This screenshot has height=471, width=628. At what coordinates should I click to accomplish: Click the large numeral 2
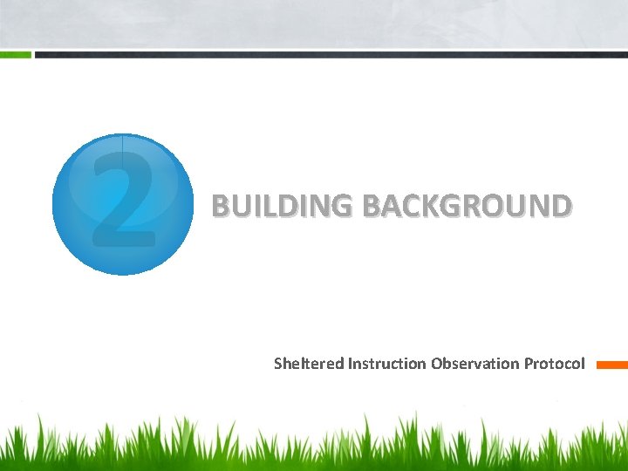click(x=123, y=199)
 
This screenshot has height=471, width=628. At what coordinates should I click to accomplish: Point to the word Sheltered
click(x=309, y=363)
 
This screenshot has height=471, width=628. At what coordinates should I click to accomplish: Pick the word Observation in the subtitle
click(x=475, y=363)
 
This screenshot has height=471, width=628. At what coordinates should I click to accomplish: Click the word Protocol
click(x=555, y=363)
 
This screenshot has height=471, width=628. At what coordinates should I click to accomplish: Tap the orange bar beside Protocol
click(x=611, y=365)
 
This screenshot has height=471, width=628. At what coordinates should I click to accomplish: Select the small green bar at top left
click(x=16, y=54)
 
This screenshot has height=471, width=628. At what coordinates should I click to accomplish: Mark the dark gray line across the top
click(x=331, y=54)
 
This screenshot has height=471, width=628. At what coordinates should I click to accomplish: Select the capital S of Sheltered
click(x=278, y=363)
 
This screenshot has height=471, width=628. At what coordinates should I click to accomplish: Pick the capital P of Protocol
click(x=529, y=363)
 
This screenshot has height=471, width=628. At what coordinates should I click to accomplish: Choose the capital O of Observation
click(x=437, y=363)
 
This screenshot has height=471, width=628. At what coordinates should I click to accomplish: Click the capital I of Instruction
click(x=350, y=363)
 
